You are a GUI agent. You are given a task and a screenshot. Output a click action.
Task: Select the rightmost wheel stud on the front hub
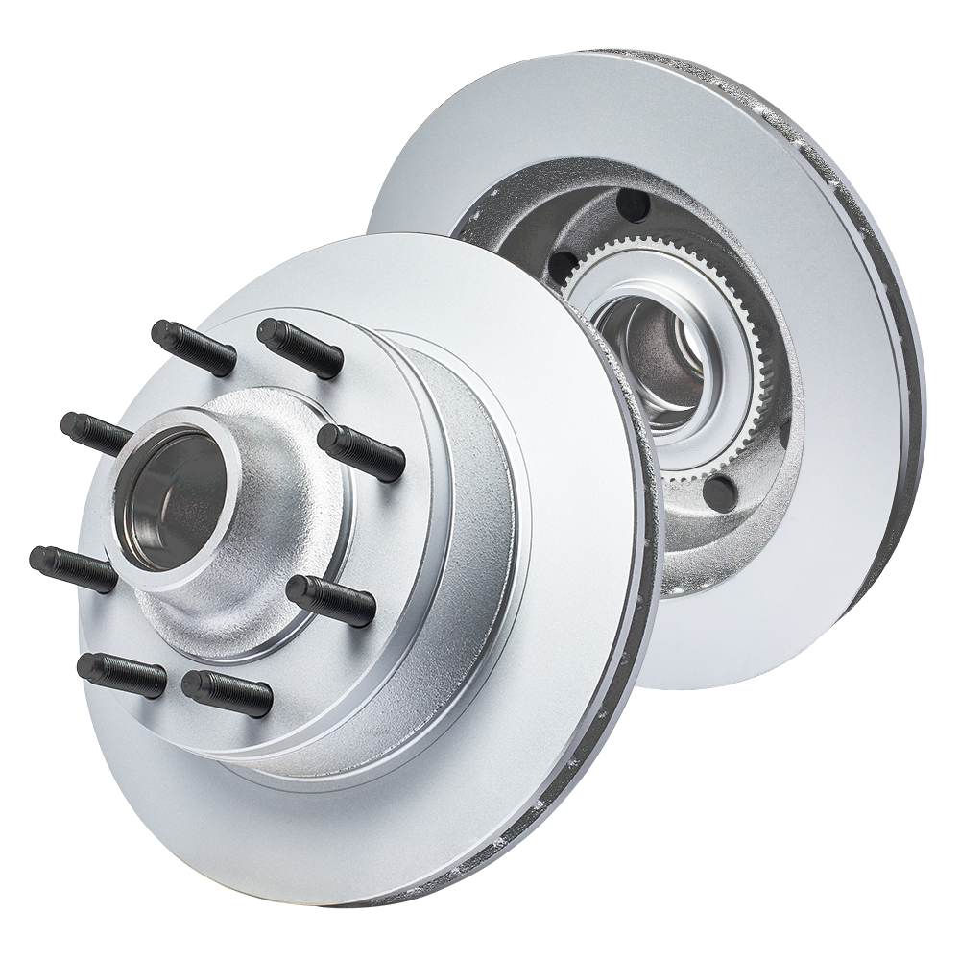tap(360, 451)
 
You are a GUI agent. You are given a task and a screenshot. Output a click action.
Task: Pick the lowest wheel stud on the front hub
tap(226, 691)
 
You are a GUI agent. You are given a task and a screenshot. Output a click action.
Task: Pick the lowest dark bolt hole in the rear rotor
tap(717, 491)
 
